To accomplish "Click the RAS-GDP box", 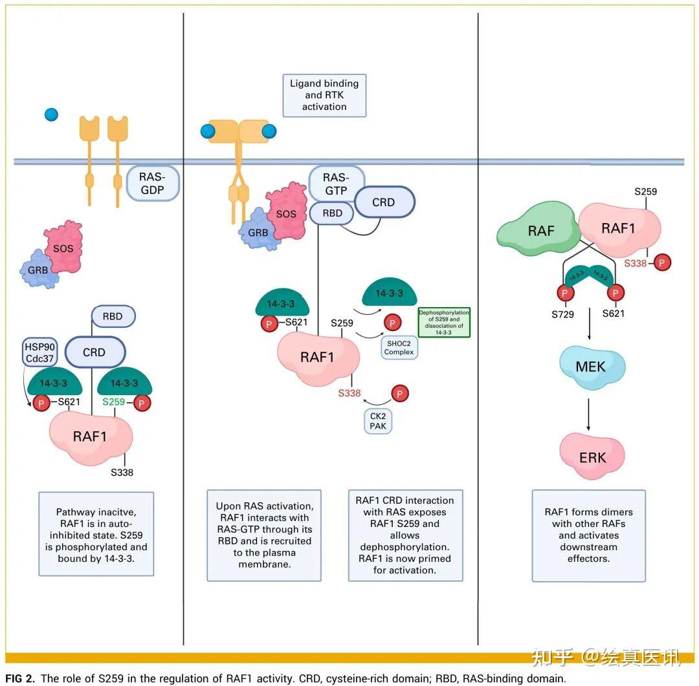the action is click(153, 183).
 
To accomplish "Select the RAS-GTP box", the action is click(337, 184).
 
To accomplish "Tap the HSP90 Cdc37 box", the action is click(39, 352).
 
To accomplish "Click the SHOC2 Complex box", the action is click(399, 347).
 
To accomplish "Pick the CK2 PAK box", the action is click(378, 421).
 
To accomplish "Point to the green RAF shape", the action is click(538, 229).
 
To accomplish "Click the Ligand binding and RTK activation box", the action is click(324, 95).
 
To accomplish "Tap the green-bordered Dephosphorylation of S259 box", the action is click(444, 323).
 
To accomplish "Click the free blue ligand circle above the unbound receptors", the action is click(52, 114).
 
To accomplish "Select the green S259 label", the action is click(114, 402).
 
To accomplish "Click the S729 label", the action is click(562, 314).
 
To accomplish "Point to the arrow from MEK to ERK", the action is click(588, 414).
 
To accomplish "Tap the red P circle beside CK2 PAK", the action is click(400, 393).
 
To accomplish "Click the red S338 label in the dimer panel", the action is click(636, 263).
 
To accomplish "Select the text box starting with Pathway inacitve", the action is click(96, 534).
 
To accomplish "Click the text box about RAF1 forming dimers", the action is click(589, 535).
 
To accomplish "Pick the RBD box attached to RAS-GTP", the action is click(332, 213).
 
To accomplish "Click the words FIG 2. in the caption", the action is click(20, 678).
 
